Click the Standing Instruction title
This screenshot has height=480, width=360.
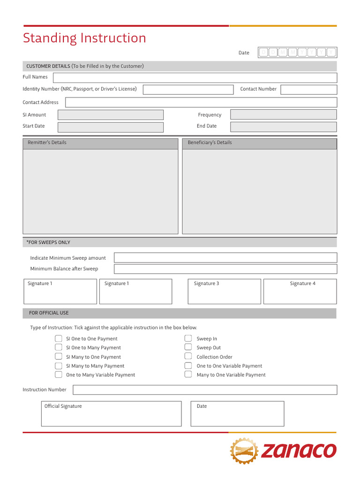84,38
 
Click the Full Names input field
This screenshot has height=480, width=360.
195,78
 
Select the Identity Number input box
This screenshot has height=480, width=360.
187,90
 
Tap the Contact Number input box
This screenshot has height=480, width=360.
308,90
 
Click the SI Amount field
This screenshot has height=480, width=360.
110,115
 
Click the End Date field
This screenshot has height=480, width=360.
283,127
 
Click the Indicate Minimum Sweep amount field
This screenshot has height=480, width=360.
225,258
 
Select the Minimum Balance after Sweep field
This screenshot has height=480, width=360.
225,269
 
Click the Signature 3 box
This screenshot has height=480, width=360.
225,292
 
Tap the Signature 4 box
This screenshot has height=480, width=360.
300,292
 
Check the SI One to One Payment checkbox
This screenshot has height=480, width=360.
59,338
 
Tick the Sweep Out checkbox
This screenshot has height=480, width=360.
188,347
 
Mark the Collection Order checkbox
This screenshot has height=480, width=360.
188,356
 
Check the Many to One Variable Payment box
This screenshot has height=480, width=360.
188,374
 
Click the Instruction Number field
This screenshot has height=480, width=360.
205,390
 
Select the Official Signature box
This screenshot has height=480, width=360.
111,413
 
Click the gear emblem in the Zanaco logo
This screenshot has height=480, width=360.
244,451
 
